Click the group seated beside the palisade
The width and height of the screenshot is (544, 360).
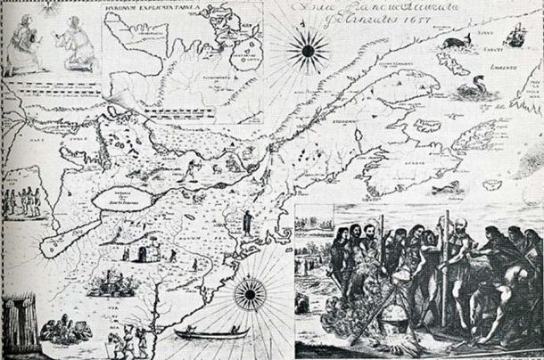pyautogui.click(x=62, y=331)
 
